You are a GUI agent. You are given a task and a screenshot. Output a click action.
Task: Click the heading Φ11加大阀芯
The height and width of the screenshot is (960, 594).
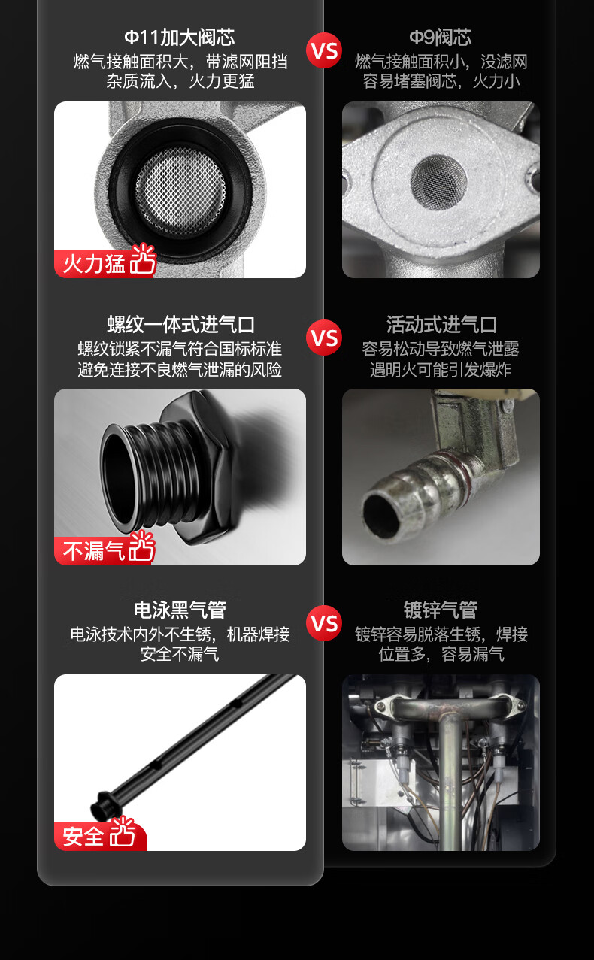(180, 38)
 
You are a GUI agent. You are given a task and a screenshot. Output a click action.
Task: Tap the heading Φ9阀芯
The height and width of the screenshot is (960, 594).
(441, 38)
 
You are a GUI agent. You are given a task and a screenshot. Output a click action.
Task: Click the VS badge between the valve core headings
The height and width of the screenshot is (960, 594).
(324, 50)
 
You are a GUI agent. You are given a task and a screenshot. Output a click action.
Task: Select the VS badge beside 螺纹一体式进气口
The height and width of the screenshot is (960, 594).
(324, 338)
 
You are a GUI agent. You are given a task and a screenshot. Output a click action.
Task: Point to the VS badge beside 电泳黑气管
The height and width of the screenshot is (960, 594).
(324, 623)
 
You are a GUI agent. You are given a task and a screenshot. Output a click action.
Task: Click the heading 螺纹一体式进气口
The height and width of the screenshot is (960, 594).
(180, 325)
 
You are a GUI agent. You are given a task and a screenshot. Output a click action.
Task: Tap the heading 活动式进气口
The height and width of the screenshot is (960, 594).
(441, 325)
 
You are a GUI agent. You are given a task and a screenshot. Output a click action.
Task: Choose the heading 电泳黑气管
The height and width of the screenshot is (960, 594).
(180, 610)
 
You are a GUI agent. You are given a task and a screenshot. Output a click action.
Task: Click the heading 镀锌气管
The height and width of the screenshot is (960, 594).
(441, 610)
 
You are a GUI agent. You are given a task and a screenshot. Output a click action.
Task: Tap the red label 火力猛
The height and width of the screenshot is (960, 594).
(93, 264)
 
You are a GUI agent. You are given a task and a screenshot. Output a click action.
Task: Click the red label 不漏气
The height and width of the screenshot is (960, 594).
(93, 551)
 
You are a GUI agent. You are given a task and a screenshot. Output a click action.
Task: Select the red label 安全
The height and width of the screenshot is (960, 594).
(83, 836)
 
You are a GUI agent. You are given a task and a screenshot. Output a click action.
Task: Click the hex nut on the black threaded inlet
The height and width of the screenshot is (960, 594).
(198, 467)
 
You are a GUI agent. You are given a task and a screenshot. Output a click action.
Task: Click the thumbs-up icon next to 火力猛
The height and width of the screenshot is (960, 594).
(143, 259)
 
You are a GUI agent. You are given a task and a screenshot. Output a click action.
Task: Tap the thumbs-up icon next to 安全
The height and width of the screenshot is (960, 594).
(122, 832)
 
